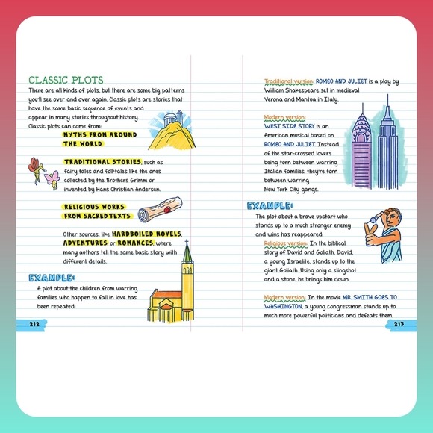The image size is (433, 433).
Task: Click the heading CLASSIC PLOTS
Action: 66,80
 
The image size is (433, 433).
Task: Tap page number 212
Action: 34,323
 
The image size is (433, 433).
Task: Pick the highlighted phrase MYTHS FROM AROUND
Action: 99,135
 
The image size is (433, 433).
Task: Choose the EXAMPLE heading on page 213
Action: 270,206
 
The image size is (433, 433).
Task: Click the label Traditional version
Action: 287,81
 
